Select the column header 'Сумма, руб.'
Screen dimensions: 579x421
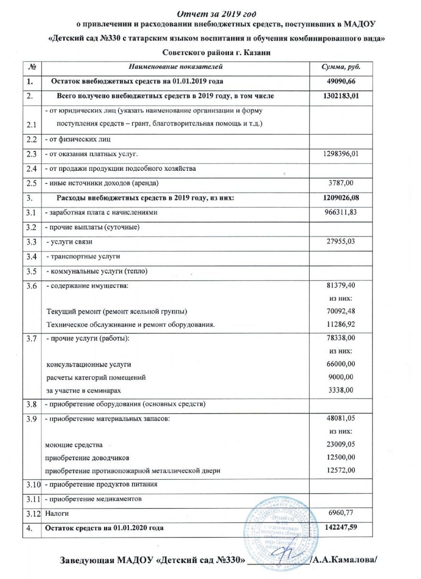[x=341, y=66]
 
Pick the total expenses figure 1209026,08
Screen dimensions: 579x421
[x=342, y=197]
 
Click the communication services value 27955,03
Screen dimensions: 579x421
[x=342, y=241]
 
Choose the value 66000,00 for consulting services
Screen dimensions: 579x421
[x=342, y=364]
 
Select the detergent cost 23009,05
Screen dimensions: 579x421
[x=342, y=444]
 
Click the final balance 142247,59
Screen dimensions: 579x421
[x=342, y=528]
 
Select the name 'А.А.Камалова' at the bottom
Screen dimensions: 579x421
[x=345, y=560]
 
